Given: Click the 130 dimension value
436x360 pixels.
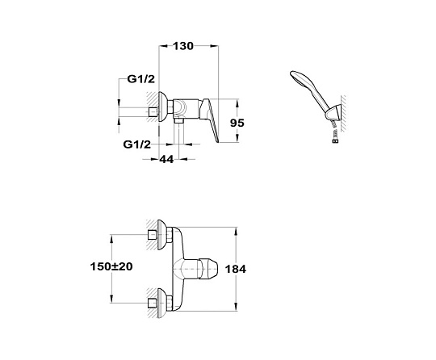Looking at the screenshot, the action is (183, 46).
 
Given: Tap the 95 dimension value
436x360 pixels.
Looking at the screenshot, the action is (237, 123).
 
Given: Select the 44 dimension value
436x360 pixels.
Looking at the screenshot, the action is (166, 159).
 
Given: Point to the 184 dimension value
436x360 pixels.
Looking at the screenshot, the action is (235, 269).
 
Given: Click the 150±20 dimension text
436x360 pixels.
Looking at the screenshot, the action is (111, 266).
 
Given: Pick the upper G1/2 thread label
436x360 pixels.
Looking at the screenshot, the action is (141, 79).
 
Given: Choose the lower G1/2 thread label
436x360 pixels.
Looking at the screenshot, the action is (137, 144).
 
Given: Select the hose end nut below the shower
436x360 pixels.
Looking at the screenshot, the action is (336, 140).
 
